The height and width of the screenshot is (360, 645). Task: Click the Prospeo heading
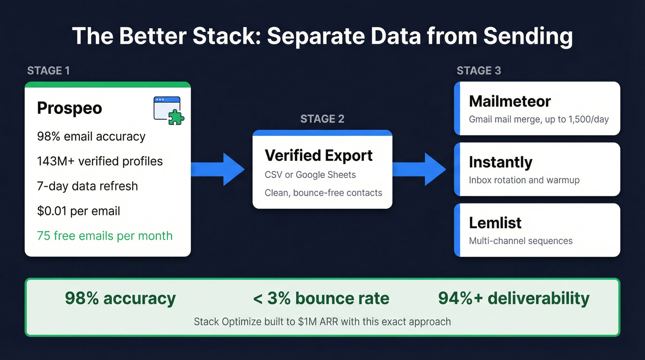point(70,108)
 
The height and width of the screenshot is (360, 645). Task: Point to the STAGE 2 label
point(322,119)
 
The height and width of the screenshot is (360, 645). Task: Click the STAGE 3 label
point(479,71)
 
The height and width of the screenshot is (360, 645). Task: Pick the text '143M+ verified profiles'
point(100,161)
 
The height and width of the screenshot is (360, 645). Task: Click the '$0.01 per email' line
point(78,211)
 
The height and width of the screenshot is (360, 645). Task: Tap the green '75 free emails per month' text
point(105,236)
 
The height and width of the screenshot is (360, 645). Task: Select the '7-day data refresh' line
point(87,186)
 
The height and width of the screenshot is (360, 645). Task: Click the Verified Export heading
point(318,155)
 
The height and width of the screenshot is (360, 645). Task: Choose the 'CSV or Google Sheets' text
point(310,175)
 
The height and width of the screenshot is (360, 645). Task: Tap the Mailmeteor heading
point(510,101)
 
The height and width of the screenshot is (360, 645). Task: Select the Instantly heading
point(500,162)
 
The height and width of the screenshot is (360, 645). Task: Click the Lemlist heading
point(495,223)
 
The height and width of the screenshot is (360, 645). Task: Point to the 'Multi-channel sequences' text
point(521,241)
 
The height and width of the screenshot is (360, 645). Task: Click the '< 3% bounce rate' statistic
point(321,299)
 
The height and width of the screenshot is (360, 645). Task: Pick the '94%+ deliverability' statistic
point(514,299)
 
